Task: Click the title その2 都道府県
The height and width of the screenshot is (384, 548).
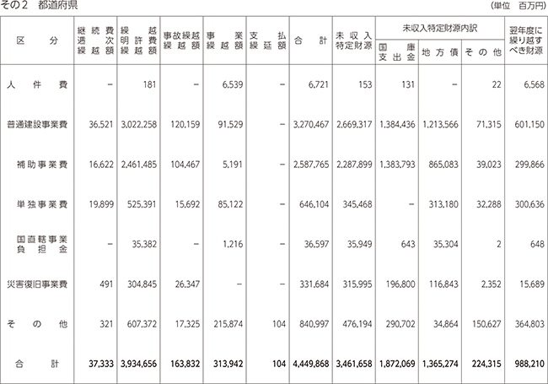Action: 39,5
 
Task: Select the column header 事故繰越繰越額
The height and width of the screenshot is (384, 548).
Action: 182,41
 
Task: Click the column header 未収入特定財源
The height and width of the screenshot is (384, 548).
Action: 354,41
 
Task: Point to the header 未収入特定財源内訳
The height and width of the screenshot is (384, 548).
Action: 439,29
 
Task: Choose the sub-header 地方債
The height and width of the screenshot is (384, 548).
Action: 439,52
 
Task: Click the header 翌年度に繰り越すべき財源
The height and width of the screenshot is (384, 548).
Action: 526,41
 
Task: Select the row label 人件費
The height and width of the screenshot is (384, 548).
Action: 37,84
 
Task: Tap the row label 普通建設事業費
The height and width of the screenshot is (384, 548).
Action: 37,125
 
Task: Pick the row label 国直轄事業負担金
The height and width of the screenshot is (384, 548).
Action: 42,244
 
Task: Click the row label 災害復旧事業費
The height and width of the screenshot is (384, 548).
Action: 37,284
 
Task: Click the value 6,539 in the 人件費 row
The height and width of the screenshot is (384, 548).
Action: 233,84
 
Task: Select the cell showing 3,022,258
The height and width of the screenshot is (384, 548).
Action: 139,125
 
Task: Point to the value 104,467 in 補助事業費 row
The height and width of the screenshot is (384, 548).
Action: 185,165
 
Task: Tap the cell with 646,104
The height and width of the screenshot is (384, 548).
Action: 314,204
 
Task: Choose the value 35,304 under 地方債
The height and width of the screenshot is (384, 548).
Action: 446,244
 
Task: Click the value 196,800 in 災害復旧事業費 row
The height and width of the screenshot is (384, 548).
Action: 400,284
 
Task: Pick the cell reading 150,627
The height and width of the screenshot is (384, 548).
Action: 486,324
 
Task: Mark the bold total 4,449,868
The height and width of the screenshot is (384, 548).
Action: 311,364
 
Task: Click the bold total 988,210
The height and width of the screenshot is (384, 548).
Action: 529,364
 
